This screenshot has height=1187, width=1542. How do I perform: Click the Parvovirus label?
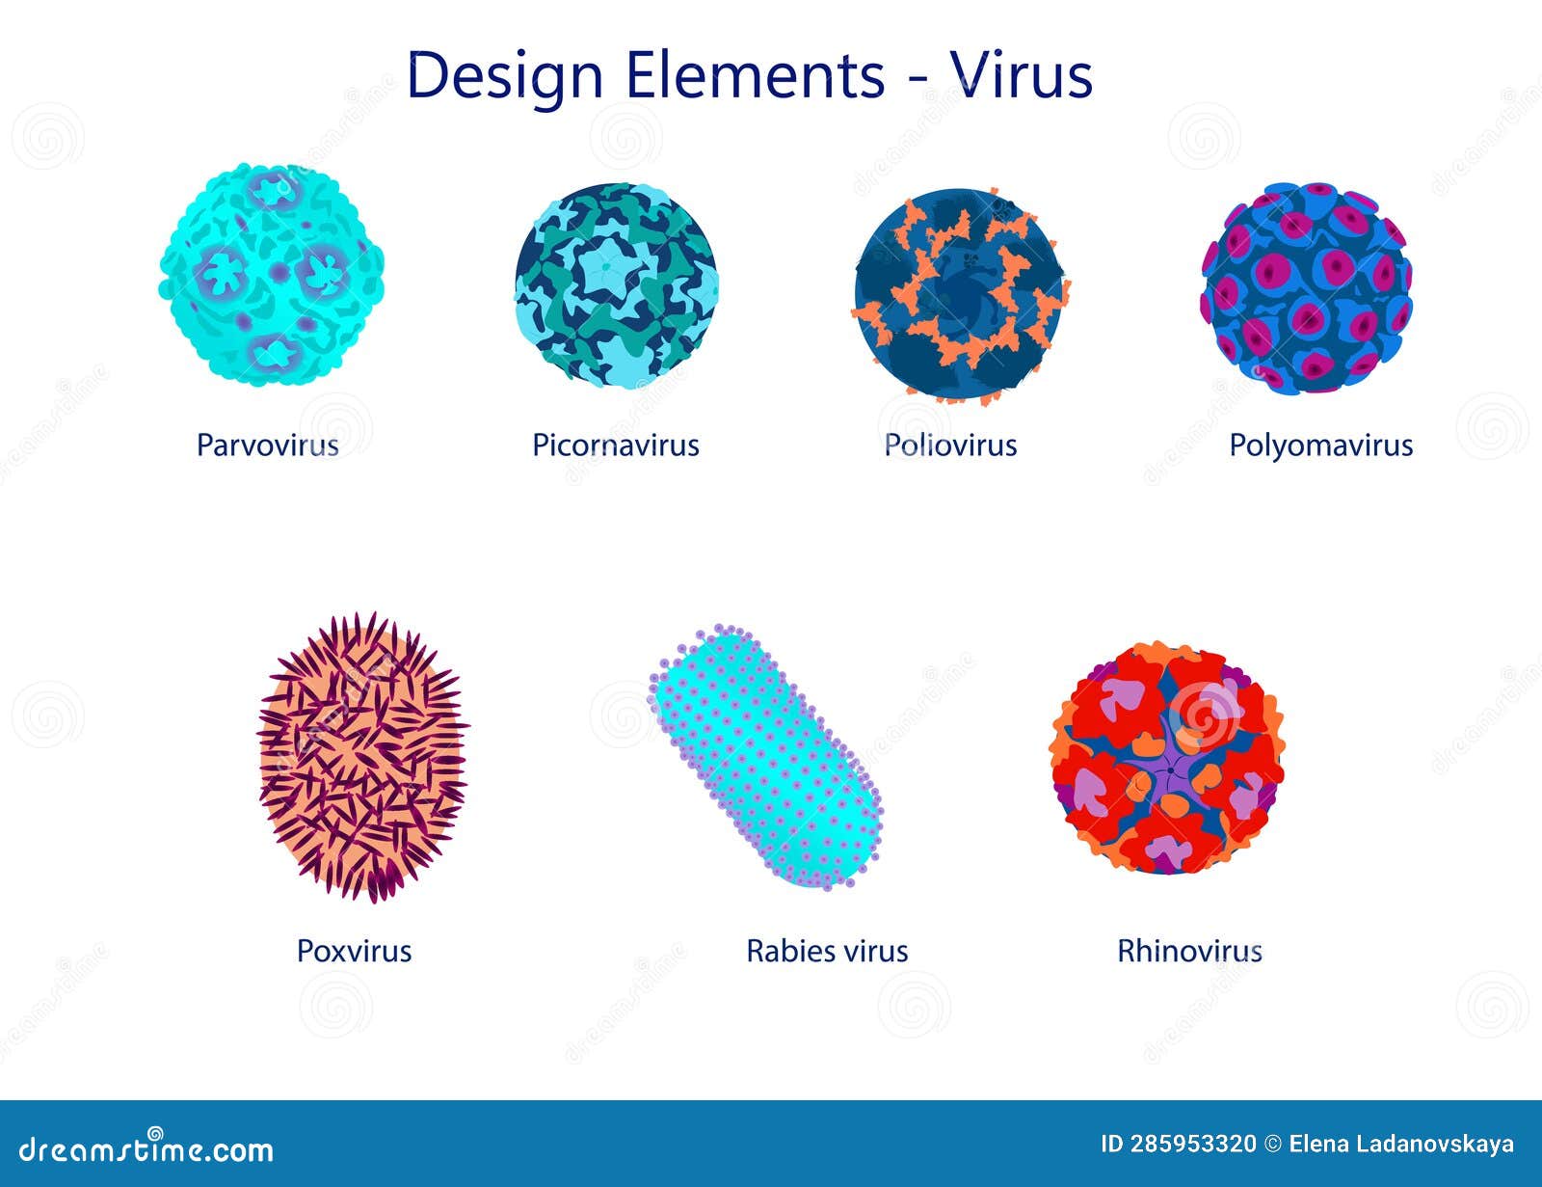pyautogui.click(x=268, y=445)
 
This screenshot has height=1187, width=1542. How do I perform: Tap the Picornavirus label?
pyautogui.click(x=616, y=445)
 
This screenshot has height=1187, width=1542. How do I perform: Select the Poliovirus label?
pyautogui.click(x=950, y=445)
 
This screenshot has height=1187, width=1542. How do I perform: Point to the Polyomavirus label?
pyautogui.click(x=1320, y=445)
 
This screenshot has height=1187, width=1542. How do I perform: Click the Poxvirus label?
pyautogui.click(x=354, y=952)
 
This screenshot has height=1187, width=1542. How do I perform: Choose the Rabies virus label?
pyautogui.click(x=827, y=952)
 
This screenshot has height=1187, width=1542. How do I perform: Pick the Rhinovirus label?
pyautogui.click(x=1189, y=952)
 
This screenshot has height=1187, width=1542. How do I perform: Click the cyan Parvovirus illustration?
pyautogui.click(x=272, y=275)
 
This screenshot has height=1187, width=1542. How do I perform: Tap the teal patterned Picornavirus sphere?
pyautogui.click(x=616, y=285)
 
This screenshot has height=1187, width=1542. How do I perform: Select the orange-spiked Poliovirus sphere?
pyautogui.click(x=960, y=293)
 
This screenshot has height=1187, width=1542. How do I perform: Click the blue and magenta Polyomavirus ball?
pyautogui.click(x=1307, y=288)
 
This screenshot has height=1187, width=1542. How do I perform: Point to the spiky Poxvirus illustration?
pyautogui.click(x=362, y=758)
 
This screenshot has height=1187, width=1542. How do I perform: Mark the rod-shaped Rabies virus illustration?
pyautogui.click(x=767, y=757)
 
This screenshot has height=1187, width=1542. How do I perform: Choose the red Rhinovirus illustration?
pyautogui.click(x=1167, y=759)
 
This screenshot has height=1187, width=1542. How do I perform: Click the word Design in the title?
pyautogui.click(x=505, y=75)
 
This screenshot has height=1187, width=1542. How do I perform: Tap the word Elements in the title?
pyautogui.click(x=755, y=75)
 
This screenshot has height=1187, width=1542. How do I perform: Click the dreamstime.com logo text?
pyautogui.click(x=146, y=1148)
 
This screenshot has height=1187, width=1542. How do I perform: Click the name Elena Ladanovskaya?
pyautogui.click(x=1401, y=1145)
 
